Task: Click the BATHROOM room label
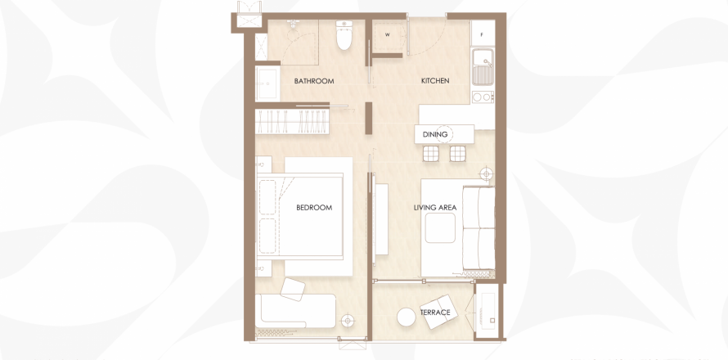(x=314, y=81)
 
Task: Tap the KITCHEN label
(x=435, y=81)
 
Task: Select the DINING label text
(x=435, y=134)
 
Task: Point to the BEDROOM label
(x=314, y=208)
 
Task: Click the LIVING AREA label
(x=435, y=208)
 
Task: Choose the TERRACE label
(x=435, y=313)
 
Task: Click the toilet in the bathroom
(x=344, y=35)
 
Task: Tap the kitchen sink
(x=483, y=67)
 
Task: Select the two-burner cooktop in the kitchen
(x=483, y=97)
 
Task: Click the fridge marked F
(x=483, y=34)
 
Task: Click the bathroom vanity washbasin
(x=267, y=83)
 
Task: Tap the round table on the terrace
(x=407, y=317)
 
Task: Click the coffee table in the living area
(x=440, y=228)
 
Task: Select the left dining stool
(x=431, y=153)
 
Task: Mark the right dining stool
(x=458, y=153)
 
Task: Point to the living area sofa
(x=479, y=228)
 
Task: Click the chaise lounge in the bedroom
(x=296, y=311)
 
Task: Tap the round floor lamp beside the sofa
(x=486, y=173)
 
